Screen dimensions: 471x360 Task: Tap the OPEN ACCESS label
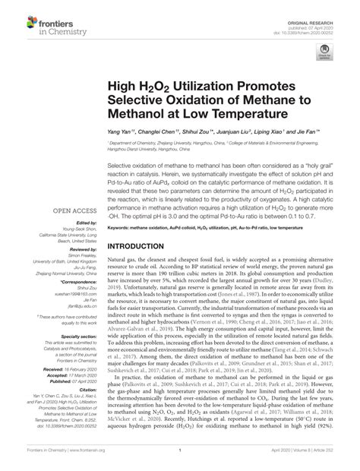point(71,210)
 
